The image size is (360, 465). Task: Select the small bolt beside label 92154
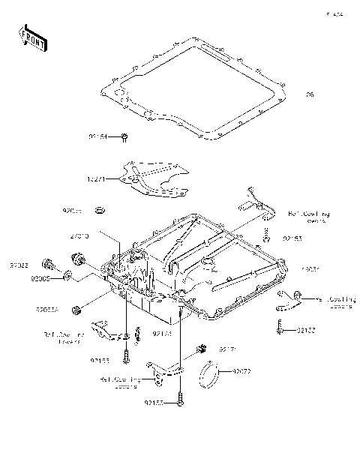coord(125,136)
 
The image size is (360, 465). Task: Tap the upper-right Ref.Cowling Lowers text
coord(309,217)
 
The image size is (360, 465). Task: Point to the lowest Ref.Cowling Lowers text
coord(120,382)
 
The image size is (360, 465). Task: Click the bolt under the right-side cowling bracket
coord(278,327)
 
